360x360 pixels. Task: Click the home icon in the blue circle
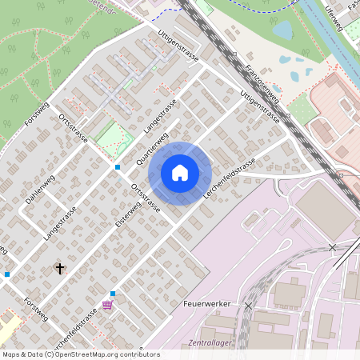(x=180, y=173)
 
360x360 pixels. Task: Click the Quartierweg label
(x=152, y=148)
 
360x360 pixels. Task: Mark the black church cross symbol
(x=59, y=269)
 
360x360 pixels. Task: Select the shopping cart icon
(x=108, y=305)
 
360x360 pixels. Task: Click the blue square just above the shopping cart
(x=113, y=294)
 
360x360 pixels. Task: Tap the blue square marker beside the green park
(x=118, y=166)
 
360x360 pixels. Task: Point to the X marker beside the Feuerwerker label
(x=248, y=306)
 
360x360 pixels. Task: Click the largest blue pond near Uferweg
(x=282, y=30)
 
